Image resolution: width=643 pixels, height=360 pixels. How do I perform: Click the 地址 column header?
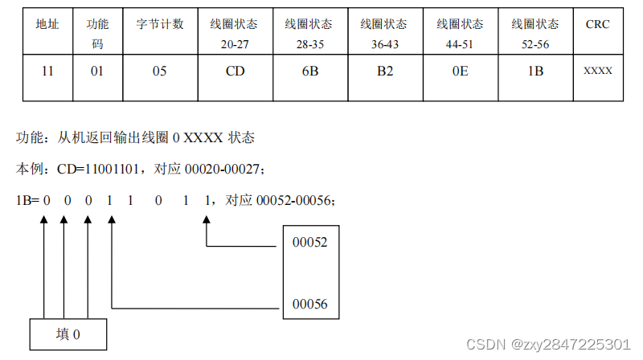pos(47,25)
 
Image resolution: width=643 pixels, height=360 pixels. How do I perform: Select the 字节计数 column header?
pos(159,25)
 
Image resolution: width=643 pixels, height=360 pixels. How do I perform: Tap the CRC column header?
pos(597,25)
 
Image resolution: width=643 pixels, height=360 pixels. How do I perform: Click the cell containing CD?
pos(235,72)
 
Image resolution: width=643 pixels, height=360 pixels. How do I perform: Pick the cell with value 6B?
pos(309,72)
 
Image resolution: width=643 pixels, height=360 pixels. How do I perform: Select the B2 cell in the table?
pos(384,72)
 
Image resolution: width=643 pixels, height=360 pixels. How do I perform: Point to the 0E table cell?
pos(459,72)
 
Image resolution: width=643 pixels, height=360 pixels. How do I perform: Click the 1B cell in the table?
pos(534,72)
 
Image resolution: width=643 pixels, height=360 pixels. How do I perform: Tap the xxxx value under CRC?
pos(597,72)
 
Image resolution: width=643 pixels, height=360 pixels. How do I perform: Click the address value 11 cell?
pos(47,72)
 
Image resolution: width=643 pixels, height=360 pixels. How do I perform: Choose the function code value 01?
pos(97,72)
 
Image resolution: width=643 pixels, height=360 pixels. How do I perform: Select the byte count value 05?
pos(159,72)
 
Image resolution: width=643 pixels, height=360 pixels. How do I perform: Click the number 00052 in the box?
pos(310,242)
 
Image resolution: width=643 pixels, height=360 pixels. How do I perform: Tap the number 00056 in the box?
pos(310,305)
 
